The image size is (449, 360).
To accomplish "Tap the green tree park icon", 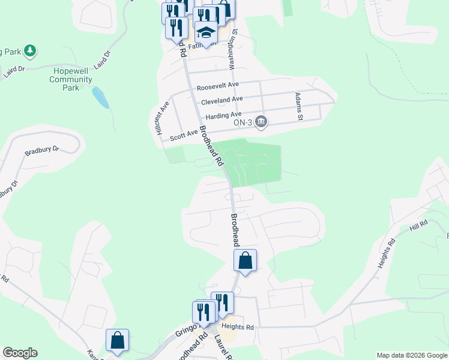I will point(29,52).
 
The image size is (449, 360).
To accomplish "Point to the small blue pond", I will point(100,97).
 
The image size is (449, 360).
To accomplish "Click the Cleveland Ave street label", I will point(221,100).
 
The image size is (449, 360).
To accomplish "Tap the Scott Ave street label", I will point(184,136).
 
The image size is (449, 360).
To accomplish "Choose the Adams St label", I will point(297,107).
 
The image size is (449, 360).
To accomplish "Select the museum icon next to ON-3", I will point(261,122).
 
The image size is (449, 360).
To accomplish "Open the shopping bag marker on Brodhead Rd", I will point(245,261).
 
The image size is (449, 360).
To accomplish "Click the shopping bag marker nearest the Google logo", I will point(118,340).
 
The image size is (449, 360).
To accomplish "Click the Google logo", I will point(20,353).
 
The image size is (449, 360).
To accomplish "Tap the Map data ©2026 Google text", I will point(412,355).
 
